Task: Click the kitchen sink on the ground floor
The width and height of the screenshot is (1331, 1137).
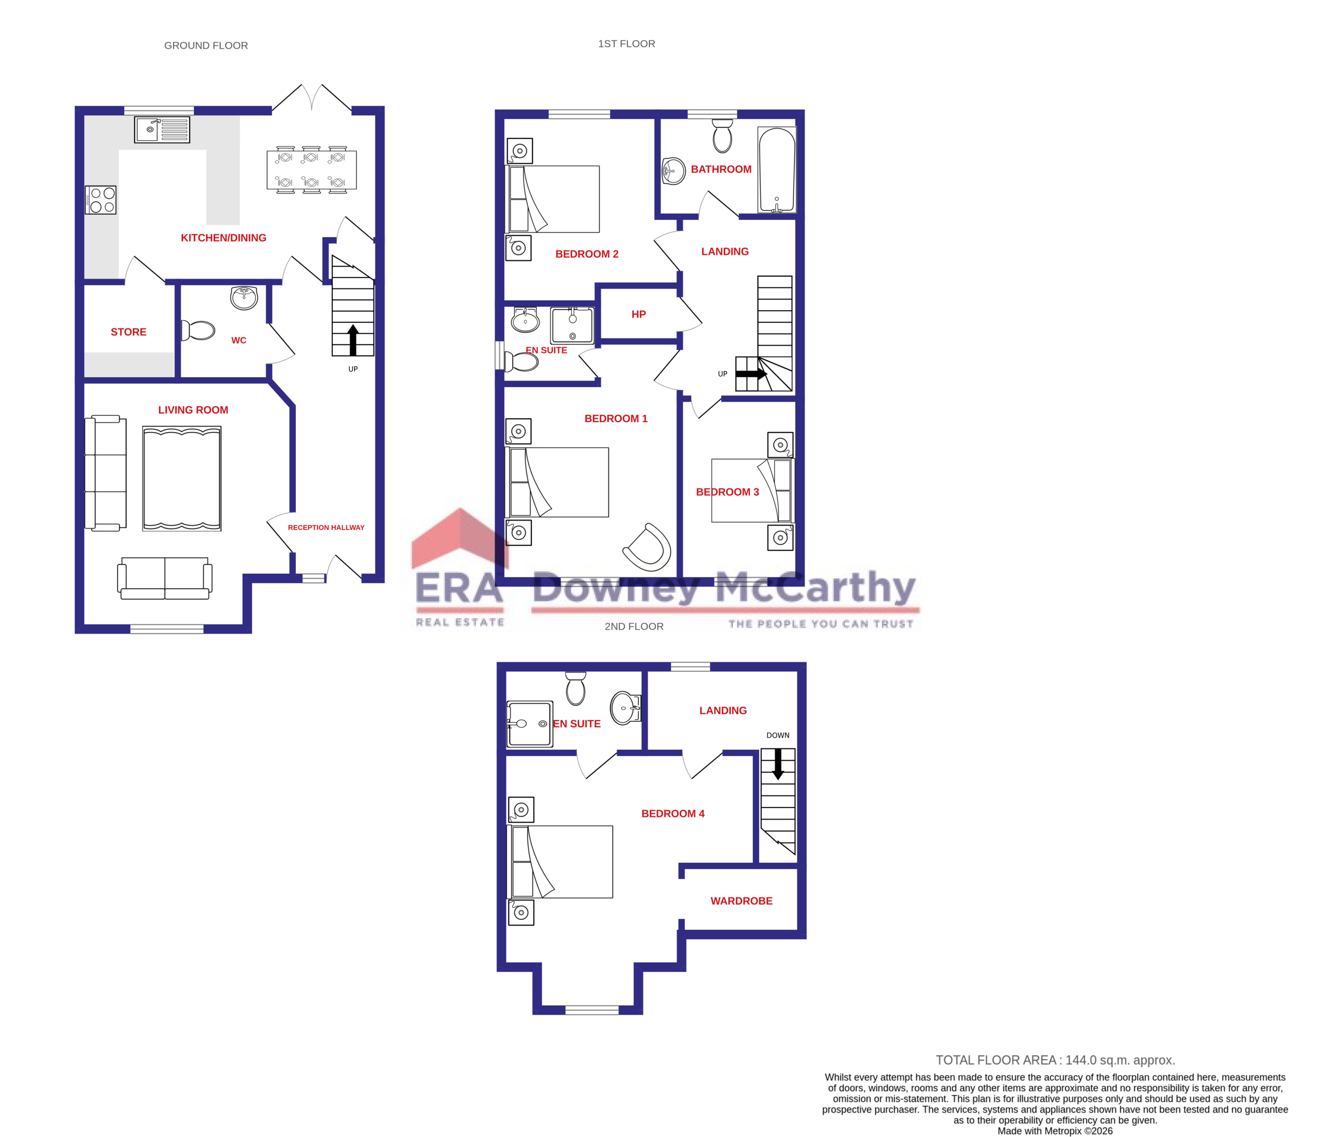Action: point(162,130)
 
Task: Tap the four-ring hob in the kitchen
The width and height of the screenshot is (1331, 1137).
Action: point(101,200)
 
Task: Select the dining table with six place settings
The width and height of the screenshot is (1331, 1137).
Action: point(311,170)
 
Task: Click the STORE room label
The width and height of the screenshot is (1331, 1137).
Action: point(128,332)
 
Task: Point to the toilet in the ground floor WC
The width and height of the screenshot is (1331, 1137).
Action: point(199,330)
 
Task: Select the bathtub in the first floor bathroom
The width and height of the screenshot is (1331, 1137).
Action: point(777,169)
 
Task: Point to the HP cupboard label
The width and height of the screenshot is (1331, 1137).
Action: point(638,314)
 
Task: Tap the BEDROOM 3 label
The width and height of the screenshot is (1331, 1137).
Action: point(727,492)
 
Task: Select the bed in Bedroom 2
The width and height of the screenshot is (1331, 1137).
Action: point(554,199)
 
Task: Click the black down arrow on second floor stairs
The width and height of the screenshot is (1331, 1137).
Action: point(777,764)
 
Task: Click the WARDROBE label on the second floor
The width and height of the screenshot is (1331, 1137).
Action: point(741,901)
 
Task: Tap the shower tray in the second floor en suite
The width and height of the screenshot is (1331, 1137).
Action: point(529,723)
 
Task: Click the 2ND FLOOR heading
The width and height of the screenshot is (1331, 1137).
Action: point(633,627)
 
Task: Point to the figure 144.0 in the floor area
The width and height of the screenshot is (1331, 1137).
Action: point(1080,1061)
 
